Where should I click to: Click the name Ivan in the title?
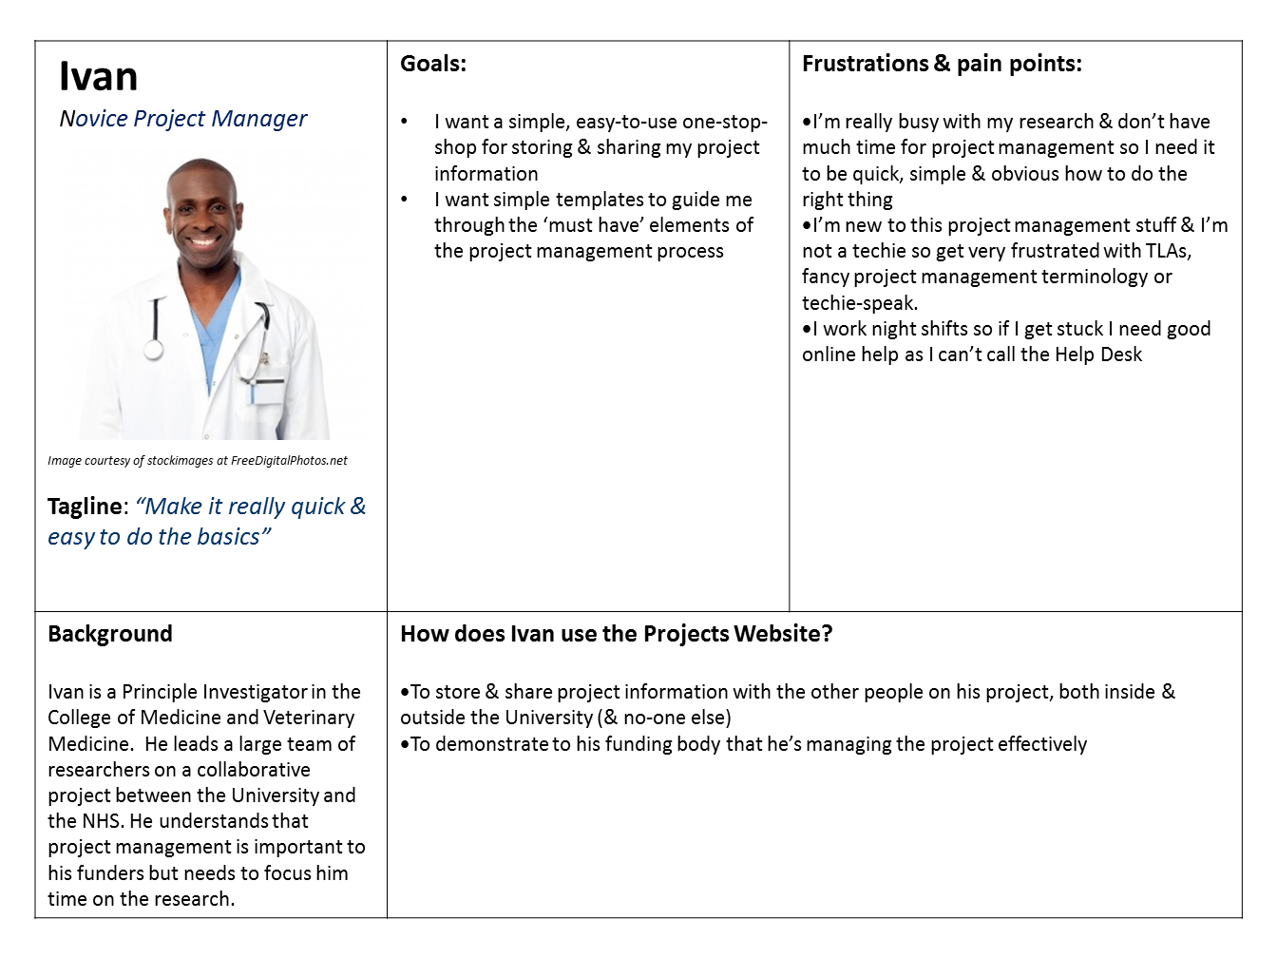click(98, 76)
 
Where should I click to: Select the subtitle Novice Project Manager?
click(182, 119)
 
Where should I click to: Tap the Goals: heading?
click(433, 64)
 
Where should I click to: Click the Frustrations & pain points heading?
click(942, 64)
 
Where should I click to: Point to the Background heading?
click(110, 634)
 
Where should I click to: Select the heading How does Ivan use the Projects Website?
click(616, 634)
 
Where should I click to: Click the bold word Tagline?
click(86, 507)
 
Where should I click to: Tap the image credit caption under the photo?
click(198, 461)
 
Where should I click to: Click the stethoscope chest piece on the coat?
click(153, 350)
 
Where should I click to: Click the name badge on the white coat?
click(267, 391)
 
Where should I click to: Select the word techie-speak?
click(859, 303)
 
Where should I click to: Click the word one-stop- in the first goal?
click(725, 122)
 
